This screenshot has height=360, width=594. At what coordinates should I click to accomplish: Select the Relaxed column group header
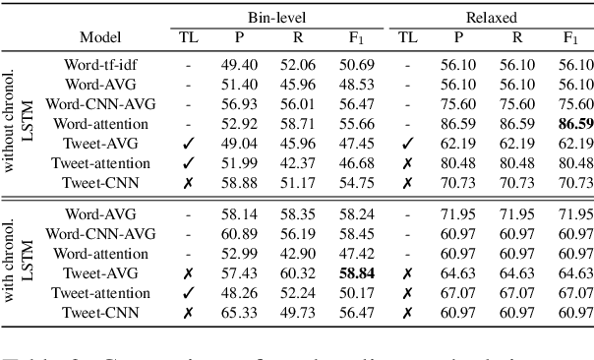[x=492, y=17]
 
